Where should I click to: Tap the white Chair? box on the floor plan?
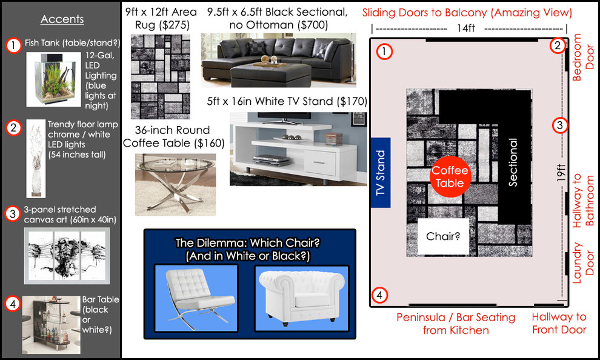[442, 236]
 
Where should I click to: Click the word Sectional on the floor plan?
[513, 162]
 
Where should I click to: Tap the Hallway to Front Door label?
[559, 323]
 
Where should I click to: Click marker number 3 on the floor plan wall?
[561, 125]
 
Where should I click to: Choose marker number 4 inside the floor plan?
[379, 296]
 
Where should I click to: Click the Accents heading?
[62, 19]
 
